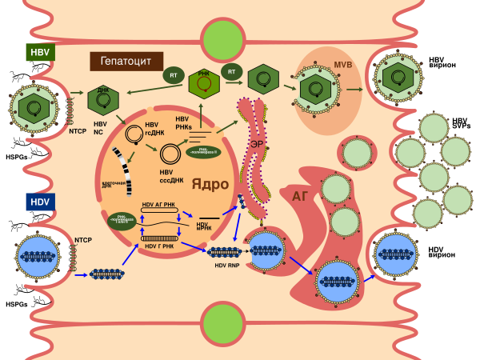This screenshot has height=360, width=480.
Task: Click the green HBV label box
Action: pyautogui.click(x=40, y=53)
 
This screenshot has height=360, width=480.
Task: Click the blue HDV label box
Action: pyautogui.click(x=40, y=202)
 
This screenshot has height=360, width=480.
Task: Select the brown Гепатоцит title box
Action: pyautogui.click(x=126, y=62)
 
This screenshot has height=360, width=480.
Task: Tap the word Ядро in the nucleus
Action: pyautogui.click(x=210, y=184)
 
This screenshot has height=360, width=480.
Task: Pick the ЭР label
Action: pyautogui.click(x=256, y=144)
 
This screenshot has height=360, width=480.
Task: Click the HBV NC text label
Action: pyautogui.click(x=100, y=128)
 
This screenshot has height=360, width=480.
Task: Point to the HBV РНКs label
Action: pyautogui.click(x=182, y=123)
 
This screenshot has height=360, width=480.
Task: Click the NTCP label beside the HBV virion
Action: pyautogui.click(x=78, y=130)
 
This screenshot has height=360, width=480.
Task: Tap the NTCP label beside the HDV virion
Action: pyautogui.click(x=83, y=239)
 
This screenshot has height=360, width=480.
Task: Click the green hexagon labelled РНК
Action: pyautogui.click(x=204, y=83)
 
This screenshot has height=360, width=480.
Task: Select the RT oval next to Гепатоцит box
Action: pyautogui.click(x=174, y=76)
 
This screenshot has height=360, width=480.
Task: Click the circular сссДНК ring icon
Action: pyautogui.click(x=170, y=154)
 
